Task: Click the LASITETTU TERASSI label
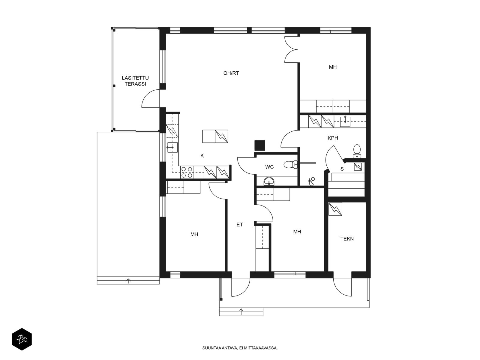(135, 81)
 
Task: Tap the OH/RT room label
(231, 73)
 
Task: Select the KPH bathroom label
(333, 138)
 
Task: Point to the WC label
(269, 167)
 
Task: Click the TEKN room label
(347, 239)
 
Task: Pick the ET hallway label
(239, 224)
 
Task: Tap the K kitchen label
(202, 156)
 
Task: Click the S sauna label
(342, 169)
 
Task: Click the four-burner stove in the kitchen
(187, 172)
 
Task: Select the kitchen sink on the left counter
(172, 147)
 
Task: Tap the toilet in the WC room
(291, 164)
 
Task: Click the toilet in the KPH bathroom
(357, 151)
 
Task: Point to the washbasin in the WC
(269, 181)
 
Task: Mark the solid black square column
(260, 145)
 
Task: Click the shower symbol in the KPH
(312, 181)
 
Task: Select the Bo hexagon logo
(22, 339)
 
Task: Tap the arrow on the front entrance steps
(241, 312)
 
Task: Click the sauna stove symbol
(358, 167)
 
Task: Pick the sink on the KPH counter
(345, 121)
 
